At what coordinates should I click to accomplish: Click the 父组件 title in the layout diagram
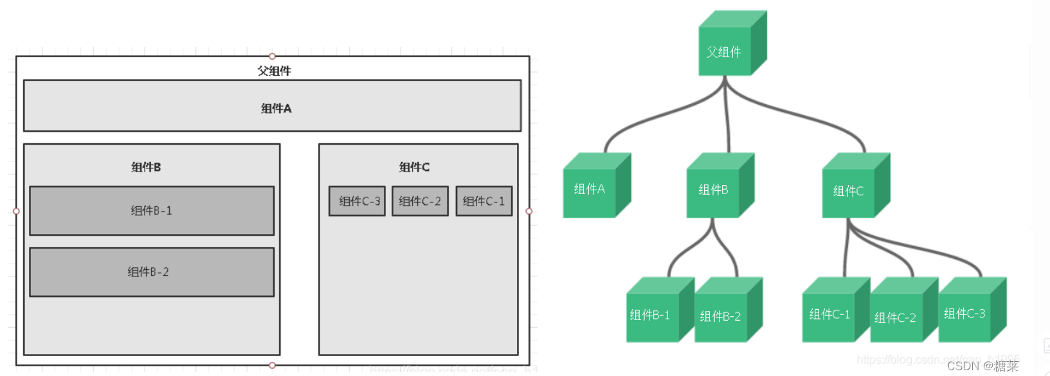tap(275, 71)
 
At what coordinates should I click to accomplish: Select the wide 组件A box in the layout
tap(272, 106)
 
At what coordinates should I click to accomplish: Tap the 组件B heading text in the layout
tap(146, 167)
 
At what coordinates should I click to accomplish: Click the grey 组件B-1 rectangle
tap(152, 211)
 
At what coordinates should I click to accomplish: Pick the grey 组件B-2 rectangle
tap(152, 272)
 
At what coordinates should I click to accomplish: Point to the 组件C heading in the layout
tap(414, 167)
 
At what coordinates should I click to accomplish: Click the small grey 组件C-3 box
tap(357, 201)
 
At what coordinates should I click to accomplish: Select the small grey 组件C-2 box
tap(420, 201)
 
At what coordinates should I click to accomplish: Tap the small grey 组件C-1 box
tap(484, 201)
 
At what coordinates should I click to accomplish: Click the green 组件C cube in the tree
tap(849, 192)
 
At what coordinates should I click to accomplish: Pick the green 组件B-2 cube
tap(721, 316)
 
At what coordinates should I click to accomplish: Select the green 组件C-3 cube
tap(964, 314)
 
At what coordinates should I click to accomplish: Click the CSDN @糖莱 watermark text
tap(982, 366)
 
